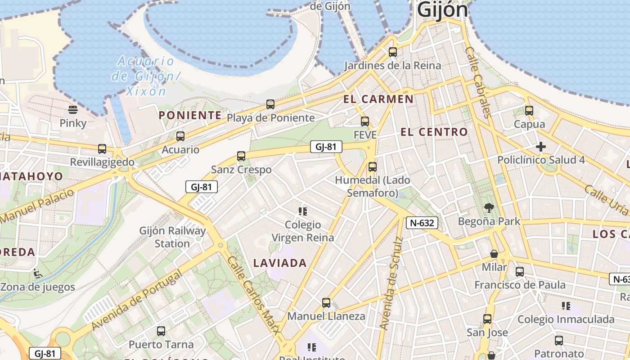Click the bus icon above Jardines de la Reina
(393, 52)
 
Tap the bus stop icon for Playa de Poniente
(270, 104)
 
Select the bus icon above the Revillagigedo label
(102, 149)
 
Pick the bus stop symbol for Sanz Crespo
(241, 156)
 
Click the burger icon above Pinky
(72, 109)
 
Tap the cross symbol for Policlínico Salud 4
(541, 147)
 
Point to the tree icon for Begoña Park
(489, 208)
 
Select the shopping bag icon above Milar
(494, 254)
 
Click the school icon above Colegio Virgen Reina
(302, 211)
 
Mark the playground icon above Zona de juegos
(38, 273)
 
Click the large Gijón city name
(442, 10)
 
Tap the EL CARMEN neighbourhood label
(378, 99)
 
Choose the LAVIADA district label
(280, 263)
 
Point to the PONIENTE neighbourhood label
(190, 115)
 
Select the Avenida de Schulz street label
(391, 283)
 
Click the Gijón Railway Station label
(172, 237)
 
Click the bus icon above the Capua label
(529, 111)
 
